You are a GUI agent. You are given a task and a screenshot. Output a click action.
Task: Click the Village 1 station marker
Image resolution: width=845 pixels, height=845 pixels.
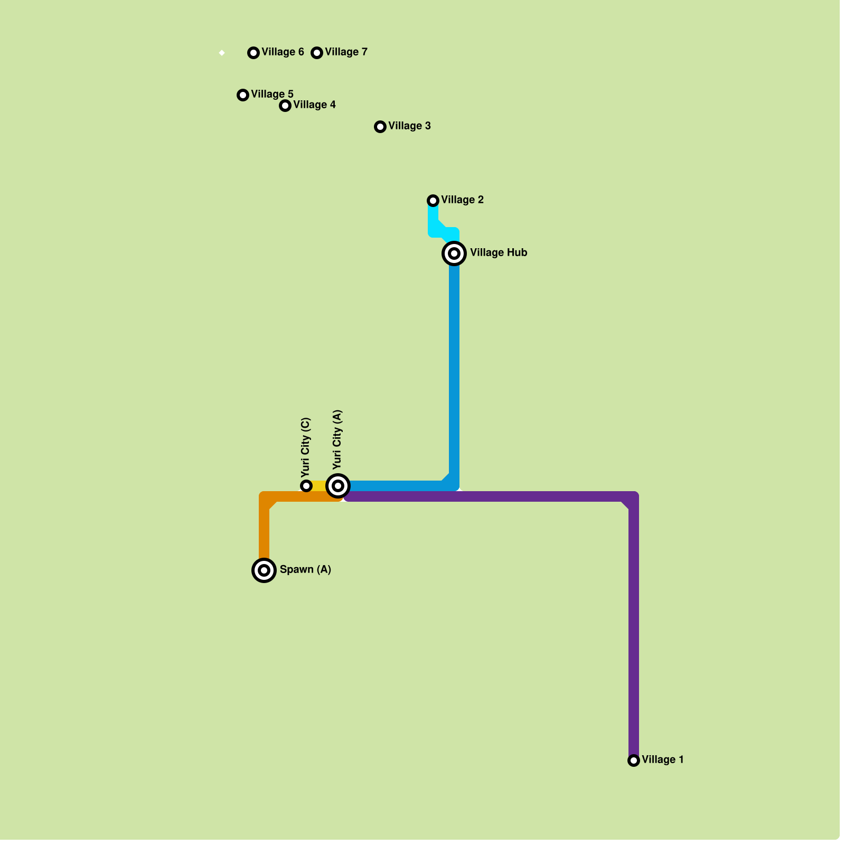(634, 760)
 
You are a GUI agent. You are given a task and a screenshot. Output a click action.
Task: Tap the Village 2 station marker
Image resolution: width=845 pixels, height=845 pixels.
(433, 201)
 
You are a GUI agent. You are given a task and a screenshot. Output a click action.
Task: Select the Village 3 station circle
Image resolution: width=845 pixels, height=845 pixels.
(380, 127)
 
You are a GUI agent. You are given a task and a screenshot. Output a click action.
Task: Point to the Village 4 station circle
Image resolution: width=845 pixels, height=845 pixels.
(285, 106)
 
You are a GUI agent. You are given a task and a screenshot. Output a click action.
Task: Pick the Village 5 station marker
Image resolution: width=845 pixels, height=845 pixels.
(243, 95)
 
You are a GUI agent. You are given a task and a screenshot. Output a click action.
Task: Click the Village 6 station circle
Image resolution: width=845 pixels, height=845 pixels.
(253, 53)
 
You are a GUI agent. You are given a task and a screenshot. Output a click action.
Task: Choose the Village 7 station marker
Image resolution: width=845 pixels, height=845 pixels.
(317, 53)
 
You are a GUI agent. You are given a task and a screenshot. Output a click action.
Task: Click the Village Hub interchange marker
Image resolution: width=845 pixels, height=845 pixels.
(454, 253)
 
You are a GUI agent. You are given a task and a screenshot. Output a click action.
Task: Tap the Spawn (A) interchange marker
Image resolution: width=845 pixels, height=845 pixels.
(264, 570)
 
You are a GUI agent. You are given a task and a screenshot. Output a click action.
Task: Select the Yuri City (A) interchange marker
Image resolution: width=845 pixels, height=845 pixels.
(338, 486)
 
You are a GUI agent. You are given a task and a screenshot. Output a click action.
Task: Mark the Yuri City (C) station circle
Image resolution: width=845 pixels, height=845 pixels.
(306, 486)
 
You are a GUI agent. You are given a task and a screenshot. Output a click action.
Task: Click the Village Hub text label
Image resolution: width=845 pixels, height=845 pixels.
(499, 253)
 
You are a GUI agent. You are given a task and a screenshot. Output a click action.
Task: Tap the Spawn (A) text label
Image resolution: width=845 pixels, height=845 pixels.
(305, 570)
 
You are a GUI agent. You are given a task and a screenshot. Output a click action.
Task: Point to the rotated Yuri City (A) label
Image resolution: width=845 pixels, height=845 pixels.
(338, 439)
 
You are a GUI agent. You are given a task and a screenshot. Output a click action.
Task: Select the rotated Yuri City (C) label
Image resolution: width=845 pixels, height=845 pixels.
(306, 447)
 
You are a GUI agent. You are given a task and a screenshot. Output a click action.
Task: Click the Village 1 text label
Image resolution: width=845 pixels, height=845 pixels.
(663, 760)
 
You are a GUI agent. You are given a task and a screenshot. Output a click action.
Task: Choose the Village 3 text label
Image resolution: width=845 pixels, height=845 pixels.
(409, 126)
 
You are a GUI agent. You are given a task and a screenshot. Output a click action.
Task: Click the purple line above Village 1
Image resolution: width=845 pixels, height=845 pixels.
(634, 634)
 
